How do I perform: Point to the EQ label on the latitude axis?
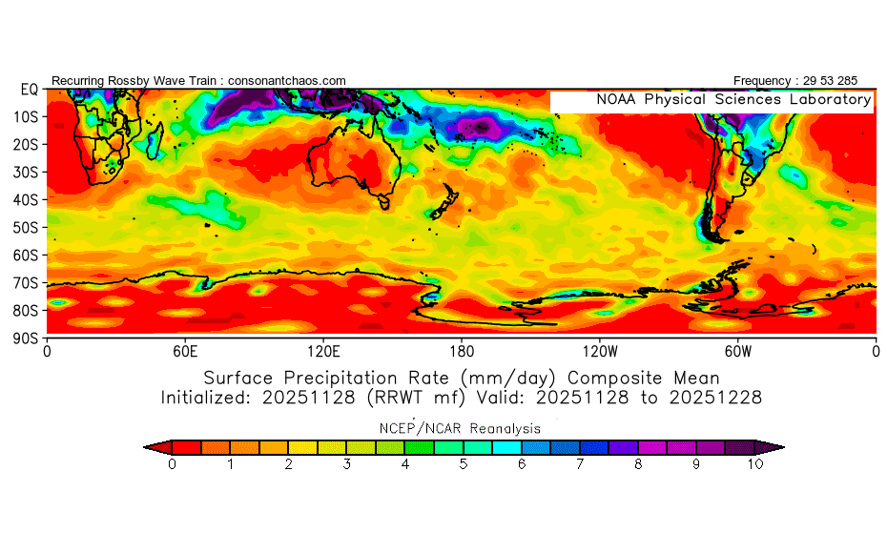point(29,89)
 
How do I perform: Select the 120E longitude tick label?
point(323,351)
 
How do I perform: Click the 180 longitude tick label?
point(462,351)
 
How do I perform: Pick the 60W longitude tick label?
point(737,351)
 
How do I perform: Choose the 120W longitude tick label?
point(599,351)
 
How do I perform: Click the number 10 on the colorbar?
point(754,464)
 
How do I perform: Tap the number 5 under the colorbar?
point(464,464)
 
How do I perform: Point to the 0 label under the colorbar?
point(172,464)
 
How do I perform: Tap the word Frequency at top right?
point(761,81)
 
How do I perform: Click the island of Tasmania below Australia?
point(384,201)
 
